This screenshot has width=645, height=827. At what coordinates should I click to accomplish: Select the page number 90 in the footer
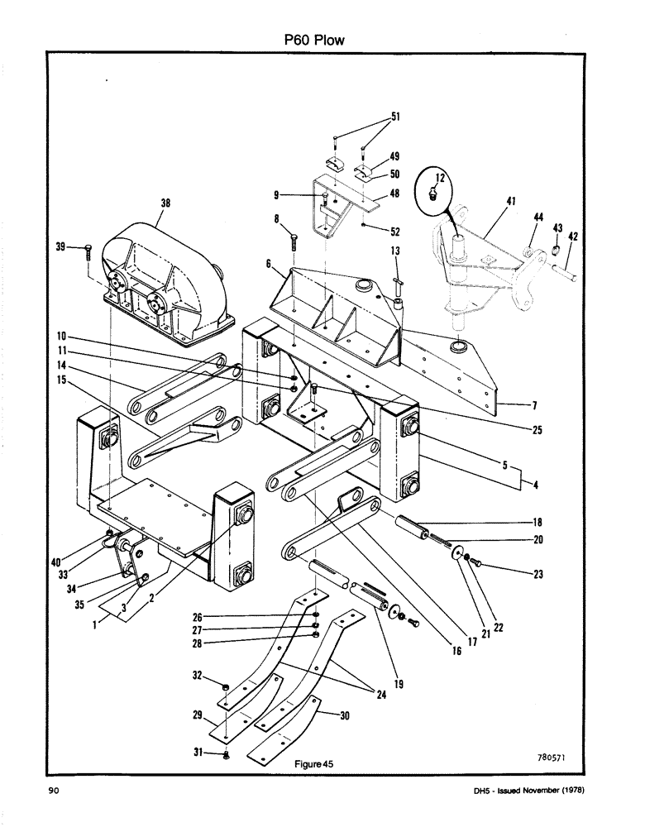click(54, 791)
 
